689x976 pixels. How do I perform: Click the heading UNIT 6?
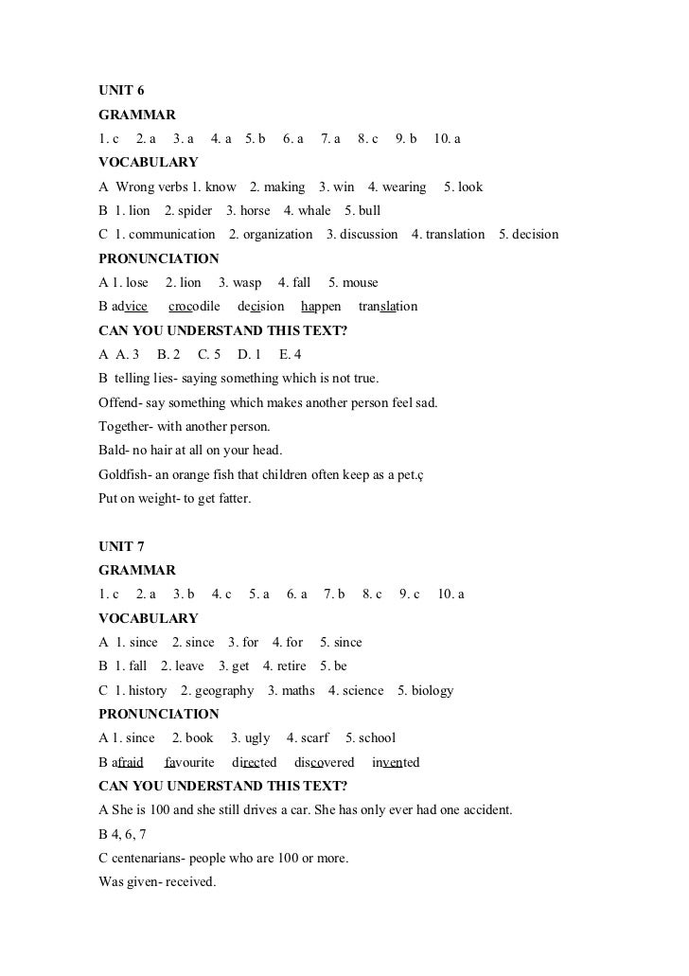coord(121,91)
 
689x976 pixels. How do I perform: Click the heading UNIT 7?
coord(121,547)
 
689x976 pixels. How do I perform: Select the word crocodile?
coord(194,307)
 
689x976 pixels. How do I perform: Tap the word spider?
coord(194,210)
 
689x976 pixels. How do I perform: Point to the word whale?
coord(314,210)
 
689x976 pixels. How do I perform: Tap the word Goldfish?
coord(124,474)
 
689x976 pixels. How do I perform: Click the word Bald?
coord(112,451)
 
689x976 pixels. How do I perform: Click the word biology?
coord(433,690)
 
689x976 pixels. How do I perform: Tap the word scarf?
coord(312,738)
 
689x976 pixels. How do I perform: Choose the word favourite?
coord(189,762)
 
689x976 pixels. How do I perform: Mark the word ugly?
coord(256,738)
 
